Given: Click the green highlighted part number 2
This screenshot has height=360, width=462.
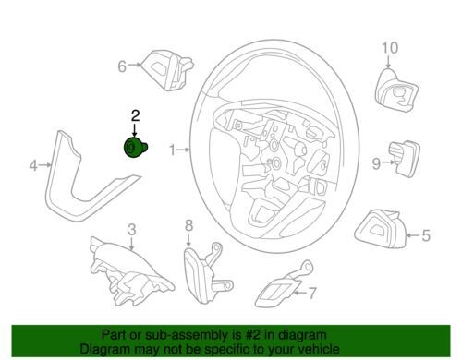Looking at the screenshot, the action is [x=136, y=148].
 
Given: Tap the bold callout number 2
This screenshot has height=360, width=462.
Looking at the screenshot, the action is [x=136, y=115].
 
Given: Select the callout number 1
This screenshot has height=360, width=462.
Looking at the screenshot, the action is [x=173, y=150].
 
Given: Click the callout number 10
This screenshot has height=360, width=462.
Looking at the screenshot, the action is [x=390, y=48].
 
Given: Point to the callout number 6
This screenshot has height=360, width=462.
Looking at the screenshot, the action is [x=122, y=66].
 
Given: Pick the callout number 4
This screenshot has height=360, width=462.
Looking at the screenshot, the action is [x=33, y=165].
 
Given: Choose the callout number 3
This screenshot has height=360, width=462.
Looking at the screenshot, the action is [x=132, y=230].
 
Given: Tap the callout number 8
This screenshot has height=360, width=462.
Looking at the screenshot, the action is [x=188, y=225].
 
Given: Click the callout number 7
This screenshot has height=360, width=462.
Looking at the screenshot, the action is [x=312, y=293].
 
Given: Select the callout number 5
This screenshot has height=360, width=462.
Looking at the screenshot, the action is [x=426, y=235].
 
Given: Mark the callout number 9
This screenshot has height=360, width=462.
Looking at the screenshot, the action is [x=376, y=163].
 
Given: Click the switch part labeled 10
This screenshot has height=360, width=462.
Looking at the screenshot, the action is [x=396, y=90].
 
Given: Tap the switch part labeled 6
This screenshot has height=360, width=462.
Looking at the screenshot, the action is [x=168, y=70].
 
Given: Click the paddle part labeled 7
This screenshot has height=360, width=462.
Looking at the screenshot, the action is [x=284, y=284].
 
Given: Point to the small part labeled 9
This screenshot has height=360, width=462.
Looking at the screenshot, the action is [x=405, y=159].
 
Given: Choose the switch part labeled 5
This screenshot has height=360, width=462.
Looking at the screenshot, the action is [x=381, y=228].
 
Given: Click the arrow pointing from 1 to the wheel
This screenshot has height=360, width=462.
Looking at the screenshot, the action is [x=183, y=150].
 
